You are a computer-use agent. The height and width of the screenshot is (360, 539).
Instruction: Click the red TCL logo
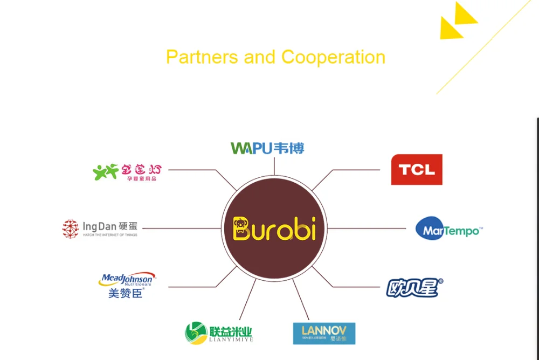click(x=417, y=170)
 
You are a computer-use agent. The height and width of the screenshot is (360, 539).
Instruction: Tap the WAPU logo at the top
click(x=267, y=148)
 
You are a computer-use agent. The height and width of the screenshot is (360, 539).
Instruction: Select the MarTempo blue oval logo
click(x=448, y=230)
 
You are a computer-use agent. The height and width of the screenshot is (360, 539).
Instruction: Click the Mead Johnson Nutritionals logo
click(x=126, y=280)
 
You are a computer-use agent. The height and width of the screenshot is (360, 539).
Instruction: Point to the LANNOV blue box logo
click(x=324, y=333)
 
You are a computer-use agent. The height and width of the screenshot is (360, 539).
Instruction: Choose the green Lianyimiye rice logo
click(x=218, y=333)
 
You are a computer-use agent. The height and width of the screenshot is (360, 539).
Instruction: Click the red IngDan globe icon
click(x=70, y=229)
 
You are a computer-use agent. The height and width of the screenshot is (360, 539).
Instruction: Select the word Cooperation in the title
click(x=333, y=57)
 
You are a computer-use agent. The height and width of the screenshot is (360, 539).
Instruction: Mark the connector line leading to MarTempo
click(x=367, y=229)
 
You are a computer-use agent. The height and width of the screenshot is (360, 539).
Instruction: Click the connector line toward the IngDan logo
click(x=181, y=229)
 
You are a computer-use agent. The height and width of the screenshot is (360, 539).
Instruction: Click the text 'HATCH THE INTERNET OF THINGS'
click(x=110, y=235)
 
